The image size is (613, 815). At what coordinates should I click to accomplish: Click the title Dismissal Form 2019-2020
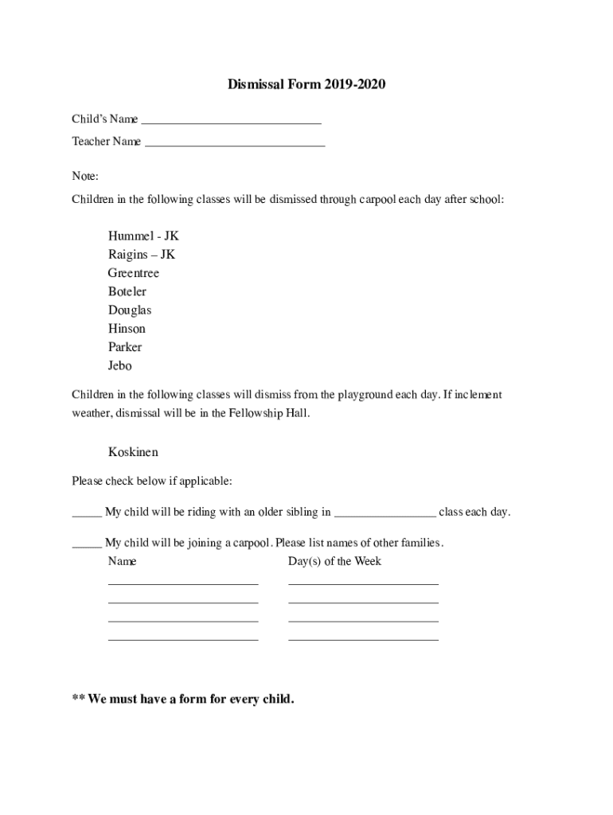coord(306,84)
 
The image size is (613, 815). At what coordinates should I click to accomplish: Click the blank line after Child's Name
coord(231,121)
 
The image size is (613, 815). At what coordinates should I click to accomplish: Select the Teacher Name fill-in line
coord(235,143)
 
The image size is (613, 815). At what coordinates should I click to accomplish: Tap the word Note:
coord(85,176)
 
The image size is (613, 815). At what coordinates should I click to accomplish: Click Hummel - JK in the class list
coord(143,236)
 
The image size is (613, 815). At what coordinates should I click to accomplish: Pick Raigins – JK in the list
coord(142,255)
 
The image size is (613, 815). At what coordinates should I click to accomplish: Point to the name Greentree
coord(134,273)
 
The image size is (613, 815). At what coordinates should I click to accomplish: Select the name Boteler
coord(127,291)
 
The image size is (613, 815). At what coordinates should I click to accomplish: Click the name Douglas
coord(130,310)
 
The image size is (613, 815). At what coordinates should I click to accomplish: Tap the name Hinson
coord(127,329)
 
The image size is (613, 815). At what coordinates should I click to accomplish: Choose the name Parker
coord(125,347)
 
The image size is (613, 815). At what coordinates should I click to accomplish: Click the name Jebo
coord(120,366)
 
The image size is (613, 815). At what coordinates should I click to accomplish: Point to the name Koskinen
coord(133,452)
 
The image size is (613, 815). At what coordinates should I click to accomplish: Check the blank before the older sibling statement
coord(86,513)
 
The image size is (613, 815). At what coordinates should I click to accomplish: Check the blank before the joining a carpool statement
coord(86,544)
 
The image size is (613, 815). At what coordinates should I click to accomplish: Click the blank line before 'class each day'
coord(385,513)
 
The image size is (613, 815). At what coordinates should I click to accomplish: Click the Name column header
coord(122,561)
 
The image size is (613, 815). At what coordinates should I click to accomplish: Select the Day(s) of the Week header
coord(334,561)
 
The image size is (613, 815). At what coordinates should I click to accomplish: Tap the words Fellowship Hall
coord(268,413)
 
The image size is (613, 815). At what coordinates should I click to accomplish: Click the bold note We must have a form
coord(183,700)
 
